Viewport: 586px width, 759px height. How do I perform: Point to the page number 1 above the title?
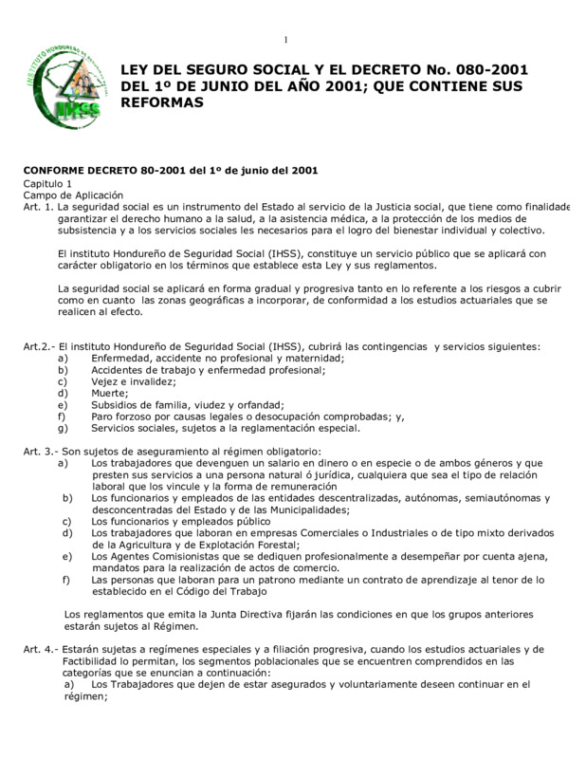285,39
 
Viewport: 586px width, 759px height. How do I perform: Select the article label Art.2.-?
40,347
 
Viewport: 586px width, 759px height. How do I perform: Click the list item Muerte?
110,393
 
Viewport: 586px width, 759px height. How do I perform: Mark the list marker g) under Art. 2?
63,427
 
